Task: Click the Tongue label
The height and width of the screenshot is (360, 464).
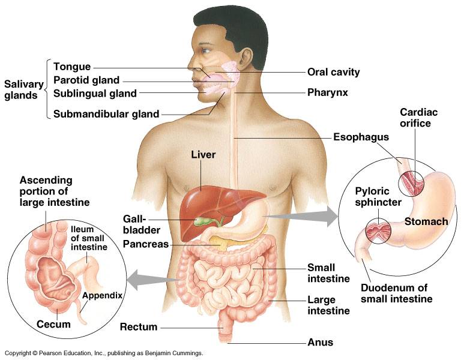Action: [71, 67]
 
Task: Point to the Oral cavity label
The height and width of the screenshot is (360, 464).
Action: [333, 72]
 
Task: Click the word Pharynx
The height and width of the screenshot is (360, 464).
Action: [328, 93]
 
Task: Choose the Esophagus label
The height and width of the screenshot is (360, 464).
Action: [361, 137]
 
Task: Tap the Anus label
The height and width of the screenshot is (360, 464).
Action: [320, 343]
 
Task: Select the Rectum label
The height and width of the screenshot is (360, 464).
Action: [139, 327]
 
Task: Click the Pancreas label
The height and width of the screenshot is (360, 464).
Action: [146, 244]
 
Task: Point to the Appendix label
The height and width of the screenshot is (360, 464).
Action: [103, 295]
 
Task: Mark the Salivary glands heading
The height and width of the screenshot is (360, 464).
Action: [20, 89]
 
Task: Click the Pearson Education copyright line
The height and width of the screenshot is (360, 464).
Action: [103, 353]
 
